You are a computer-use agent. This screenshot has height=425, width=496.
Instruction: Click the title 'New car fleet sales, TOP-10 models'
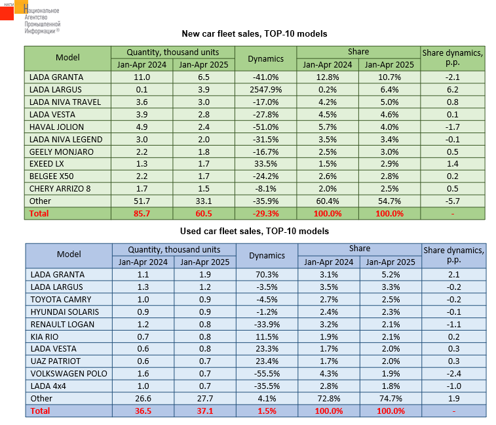click(254, 33)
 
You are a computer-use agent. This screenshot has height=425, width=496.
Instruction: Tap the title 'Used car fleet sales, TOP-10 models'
click(254, 231)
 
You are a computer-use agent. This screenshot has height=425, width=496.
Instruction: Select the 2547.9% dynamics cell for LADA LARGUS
click(265, 89)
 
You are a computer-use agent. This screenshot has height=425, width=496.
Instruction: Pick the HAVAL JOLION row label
click(54, 127)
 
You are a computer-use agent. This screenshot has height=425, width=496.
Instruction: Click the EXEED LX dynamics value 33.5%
click(265, 164)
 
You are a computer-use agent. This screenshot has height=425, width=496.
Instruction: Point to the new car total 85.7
click(142, 214)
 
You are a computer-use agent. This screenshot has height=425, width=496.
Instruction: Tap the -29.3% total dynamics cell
click(265, 214)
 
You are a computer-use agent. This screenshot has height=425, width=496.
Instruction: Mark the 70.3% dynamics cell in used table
click(265, 274)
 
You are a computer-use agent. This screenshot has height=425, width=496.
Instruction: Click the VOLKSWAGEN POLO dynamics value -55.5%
click(265, 374)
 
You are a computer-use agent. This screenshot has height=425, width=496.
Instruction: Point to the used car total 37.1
click(204, 411)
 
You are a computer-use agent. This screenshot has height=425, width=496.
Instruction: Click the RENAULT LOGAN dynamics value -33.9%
click(265, 324)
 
